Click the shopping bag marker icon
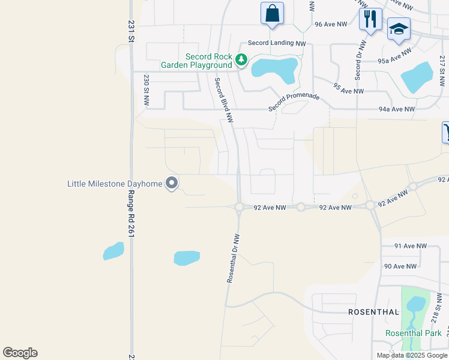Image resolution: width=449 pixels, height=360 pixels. pyautogui.click(x=272, y=13)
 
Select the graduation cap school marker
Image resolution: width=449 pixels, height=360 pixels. pyautogui.click(x=399, y=30)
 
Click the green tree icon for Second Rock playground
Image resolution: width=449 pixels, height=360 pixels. pyautogui.click(x=241, y=59)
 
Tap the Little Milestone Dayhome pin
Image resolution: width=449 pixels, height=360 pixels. pyautogui.click(x=172, y=182)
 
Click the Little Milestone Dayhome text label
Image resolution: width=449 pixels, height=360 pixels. pyautogui.click(x=115, y=183)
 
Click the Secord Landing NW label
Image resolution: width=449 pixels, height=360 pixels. pyautogui.click(x=277, y=43)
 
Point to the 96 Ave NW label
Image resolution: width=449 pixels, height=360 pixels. pyautogui.click(x=331, y=25)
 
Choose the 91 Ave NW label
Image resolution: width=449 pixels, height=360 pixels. pyautogui.click(x=410, y=246)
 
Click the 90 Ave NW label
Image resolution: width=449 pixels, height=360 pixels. pyautogui.click(x=400, y=266)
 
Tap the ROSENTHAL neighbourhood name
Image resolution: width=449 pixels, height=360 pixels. pyautogui.click(x=374, y=312)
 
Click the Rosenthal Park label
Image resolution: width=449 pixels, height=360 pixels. pyautogui.click(x=413, y=333)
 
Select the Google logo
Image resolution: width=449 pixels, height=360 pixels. pyautogui.click(x=20, y=353)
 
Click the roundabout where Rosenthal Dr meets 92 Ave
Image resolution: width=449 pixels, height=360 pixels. pyautogui.click(x=239, y=207)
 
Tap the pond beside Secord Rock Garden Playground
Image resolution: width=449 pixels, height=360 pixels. pyautogui.click(x=275, y=68)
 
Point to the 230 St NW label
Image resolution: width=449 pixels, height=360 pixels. pyautogui.click(x=146, y=90)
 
